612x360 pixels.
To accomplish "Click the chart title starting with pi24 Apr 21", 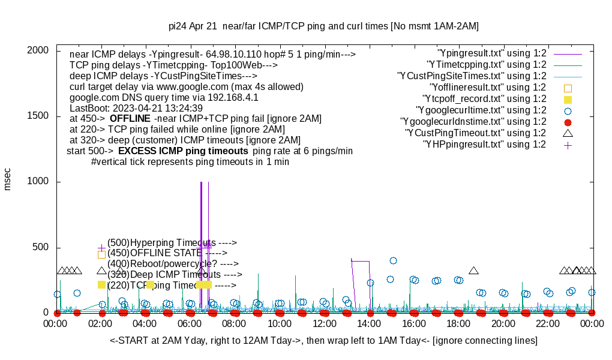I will point(323,26).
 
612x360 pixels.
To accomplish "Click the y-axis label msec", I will point(8,179).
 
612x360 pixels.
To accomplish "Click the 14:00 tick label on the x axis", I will point(369,324).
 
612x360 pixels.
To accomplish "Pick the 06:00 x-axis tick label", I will point(190,324).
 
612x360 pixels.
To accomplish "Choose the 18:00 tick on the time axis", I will point(458,324).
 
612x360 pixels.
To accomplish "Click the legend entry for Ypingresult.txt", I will point(492,53).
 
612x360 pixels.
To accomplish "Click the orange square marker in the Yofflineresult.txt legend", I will point(568,88).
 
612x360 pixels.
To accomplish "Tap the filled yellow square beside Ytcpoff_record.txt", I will point(568,99).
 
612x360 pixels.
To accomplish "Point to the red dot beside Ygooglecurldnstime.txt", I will point(568,122).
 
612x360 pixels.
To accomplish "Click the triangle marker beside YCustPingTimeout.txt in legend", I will point(568,133).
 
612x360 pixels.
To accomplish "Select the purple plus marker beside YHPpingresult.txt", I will point(568,145).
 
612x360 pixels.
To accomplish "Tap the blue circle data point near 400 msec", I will point(393,260).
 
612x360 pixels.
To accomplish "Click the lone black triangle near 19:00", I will point(473,271).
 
